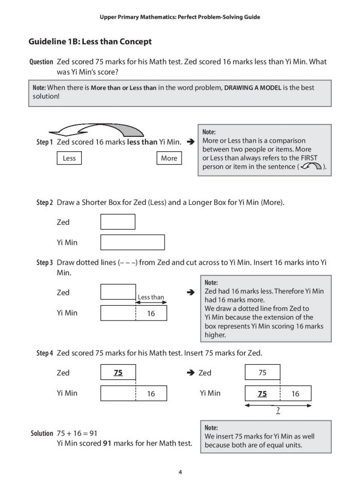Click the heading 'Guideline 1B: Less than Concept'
pos(90,41)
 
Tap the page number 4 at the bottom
pos(180,472)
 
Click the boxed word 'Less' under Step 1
pos(69,158)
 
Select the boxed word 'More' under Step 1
pos(169,158)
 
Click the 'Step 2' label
pos(44,202)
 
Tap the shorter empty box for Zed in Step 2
pos(117,222)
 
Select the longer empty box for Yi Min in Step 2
pos(132,242)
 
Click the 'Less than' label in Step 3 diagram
pos(151,297)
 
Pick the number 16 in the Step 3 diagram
pos(151,313)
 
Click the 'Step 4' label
pos(44,353)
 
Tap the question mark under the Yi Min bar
pos(278,410)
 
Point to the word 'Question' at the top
pos(41,62)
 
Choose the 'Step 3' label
pos(44,262)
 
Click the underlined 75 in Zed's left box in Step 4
pos(118,373)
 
